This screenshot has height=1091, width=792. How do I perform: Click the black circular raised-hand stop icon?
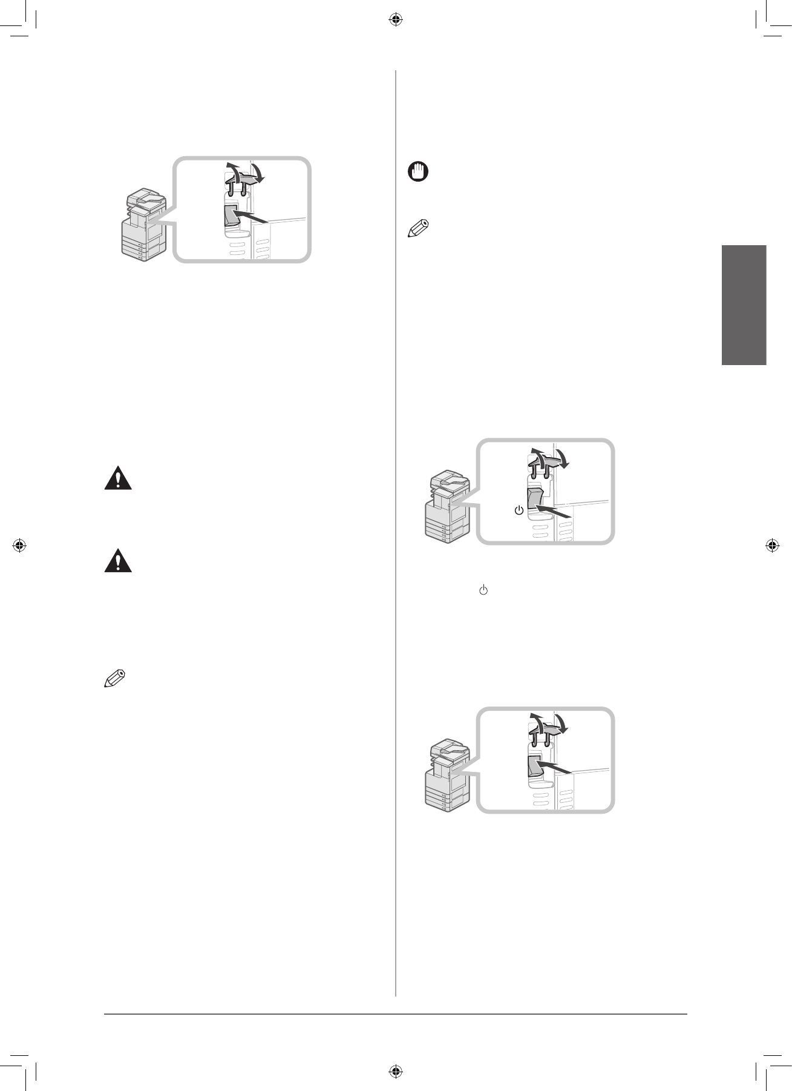coord(418,171)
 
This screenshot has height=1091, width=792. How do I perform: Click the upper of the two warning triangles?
coord(118,479)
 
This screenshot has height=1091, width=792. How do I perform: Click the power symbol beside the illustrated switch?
coord(519,511)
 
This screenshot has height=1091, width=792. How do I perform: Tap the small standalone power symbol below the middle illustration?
coord(483,590)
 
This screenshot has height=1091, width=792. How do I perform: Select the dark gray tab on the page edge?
coord(744,305)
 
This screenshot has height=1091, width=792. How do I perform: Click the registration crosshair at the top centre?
coord(395,20)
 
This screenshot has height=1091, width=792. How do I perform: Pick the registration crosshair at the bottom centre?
coord(395,1070)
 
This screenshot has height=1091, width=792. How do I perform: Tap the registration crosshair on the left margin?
coord(20,545)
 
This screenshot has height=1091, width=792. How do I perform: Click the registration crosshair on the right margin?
coord(772,545)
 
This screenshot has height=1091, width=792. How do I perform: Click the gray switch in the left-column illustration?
coord(231,218)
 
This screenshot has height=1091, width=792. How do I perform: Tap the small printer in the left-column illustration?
coord(144,225)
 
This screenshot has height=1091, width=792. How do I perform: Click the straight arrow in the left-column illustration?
coord(250,217)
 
